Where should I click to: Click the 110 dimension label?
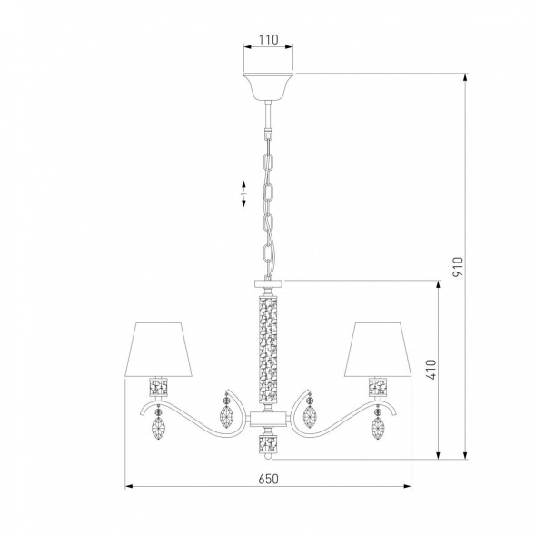click(x=268, y=40)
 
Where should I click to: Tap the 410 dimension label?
click(x=431, y=370)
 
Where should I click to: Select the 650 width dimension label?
click(x=268, y=479)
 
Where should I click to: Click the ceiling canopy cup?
click(x=268, y=86)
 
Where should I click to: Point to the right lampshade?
click(x=379, y=350)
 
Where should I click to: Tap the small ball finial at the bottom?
click(x=268, y=456)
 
